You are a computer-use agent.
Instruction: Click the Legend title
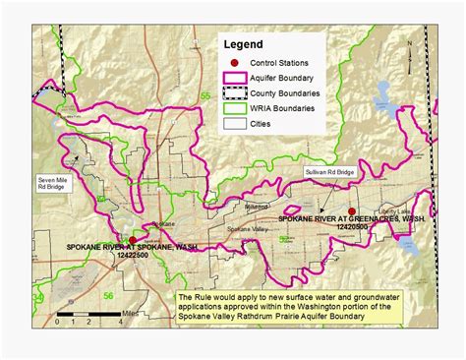244,44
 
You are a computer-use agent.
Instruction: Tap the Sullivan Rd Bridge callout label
325,170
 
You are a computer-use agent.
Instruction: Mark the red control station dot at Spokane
133,239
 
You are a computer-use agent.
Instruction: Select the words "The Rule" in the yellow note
195,295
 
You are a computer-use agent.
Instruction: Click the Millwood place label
228,208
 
